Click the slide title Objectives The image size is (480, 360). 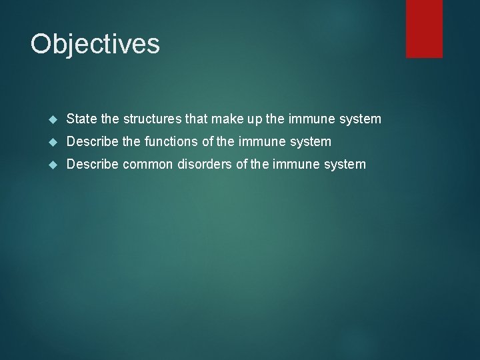click(95, 45)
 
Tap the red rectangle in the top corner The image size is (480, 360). click(424, 28)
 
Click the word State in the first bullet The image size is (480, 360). click(81, 119)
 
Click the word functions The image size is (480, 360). click(172, 141)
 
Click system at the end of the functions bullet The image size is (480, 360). click(311, 141)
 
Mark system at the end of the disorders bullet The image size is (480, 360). click(345, 163)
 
